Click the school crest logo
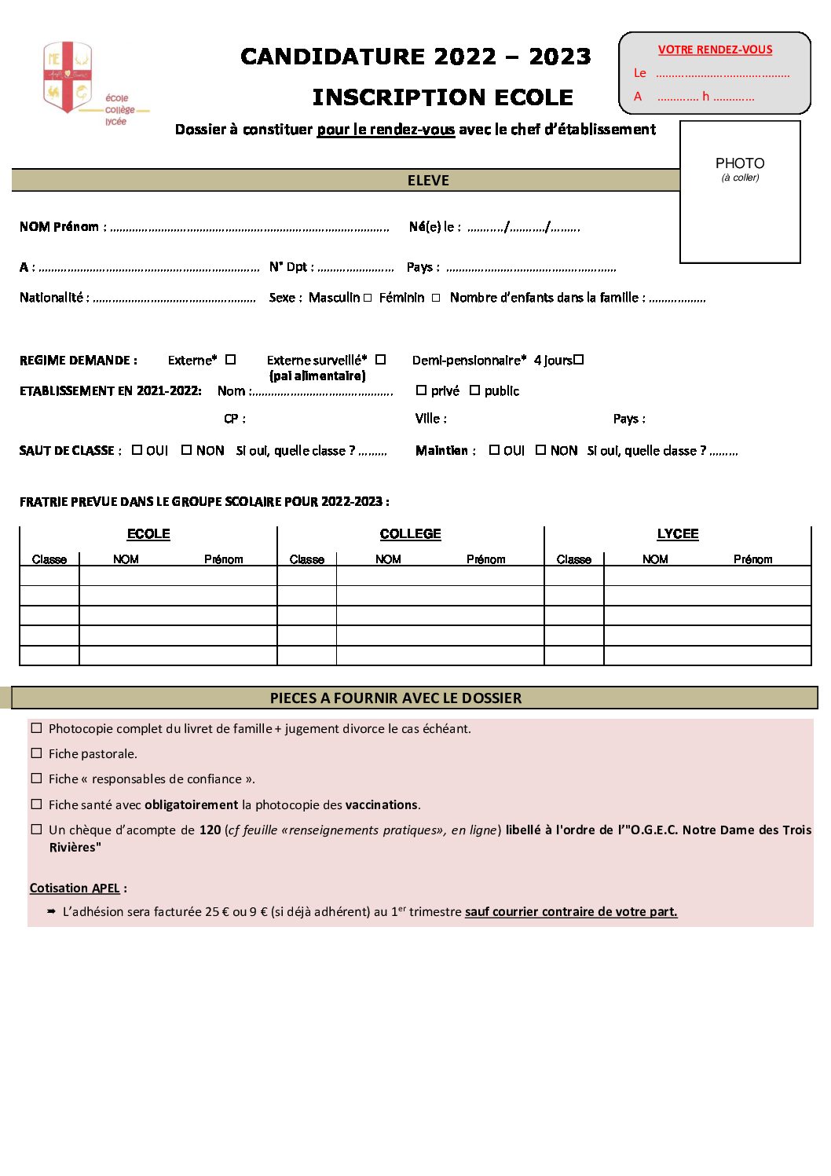coord(68,77)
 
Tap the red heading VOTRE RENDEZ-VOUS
coord(715,49)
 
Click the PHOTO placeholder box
coord(740,192)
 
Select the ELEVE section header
coord(428,181)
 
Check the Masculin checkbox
coord(368,299)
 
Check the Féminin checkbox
coord(436,299)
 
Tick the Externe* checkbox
coord(231,360)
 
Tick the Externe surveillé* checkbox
coord(381,360)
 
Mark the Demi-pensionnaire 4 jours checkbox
coord(579,360)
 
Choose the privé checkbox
coord(422,390)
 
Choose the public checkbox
coord(474,390)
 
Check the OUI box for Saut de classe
coord(137,450)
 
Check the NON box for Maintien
coord(541,450)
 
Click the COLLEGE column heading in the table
coord(410,534)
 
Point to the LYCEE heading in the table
coord(677,534)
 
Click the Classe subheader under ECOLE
coord(49,559)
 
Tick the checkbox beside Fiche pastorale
coord(36,753)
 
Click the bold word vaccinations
coord(382,805)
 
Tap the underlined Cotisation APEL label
coord(75,888)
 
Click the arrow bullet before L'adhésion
coord(51,911)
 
